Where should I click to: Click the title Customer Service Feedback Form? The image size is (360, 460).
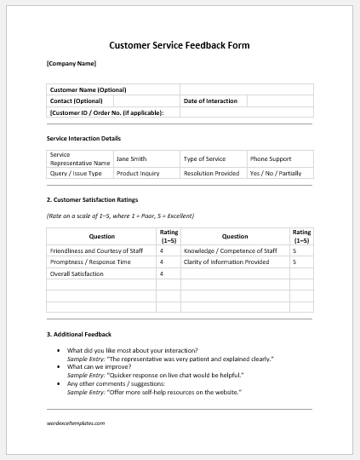click(180, 45)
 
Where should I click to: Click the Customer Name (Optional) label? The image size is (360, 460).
click(88, 89)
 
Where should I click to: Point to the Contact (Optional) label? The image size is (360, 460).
click(77, 101)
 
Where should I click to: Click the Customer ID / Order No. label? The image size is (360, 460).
click(106, 112)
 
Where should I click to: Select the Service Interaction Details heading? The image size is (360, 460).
click(83, 138)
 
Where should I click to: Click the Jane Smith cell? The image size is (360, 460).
click(131, 158)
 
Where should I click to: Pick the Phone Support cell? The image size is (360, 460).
click(271, 158)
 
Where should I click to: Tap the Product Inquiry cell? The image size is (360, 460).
click(138, 173)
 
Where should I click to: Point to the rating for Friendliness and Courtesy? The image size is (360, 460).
click(162, 251)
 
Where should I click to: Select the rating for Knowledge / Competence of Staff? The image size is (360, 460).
click(294, 251)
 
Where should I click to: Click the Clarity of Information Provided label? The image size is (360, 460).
click(226, 262)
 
